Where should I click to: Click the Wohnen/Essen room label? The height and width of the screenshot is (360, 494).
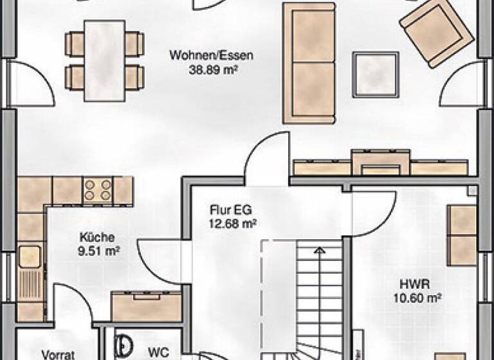tap(211, 55)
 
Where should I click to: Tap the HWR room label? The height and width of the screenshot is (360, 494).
tap(415, 284)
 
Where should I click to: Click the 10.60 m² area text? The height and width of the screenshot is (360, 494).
tap(417, 297)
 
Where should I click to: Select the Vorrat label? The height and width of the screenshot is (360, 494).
tap(59, 353)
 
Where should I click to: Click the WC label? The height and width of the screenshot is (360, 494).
tap(158, 352)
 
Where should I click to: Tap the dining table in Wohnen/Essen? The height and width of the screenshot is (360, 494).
tap(105, 59)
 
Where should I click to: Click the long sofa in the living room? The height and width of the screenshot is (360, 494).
tap(309, 62)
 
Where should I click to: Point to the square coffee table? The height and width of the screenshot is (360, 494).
tap(376, 74)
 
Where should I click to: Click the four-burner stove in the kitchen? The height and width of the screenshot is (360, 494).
tap(98, 190)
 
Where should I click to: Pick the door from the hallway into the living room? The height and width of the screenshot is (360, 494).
tap(265, 157)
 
